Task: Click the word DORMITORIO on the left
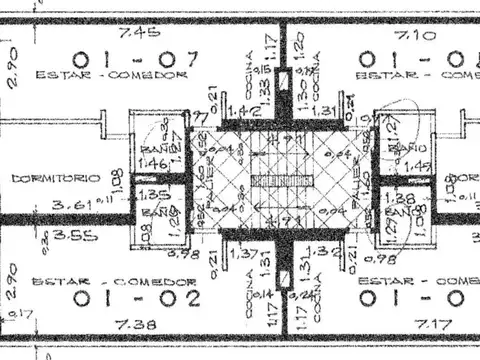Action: [55, 177]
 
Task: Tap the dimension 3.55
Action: [48, 238]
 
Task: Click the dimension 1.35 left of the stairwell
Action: [151, 195]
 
